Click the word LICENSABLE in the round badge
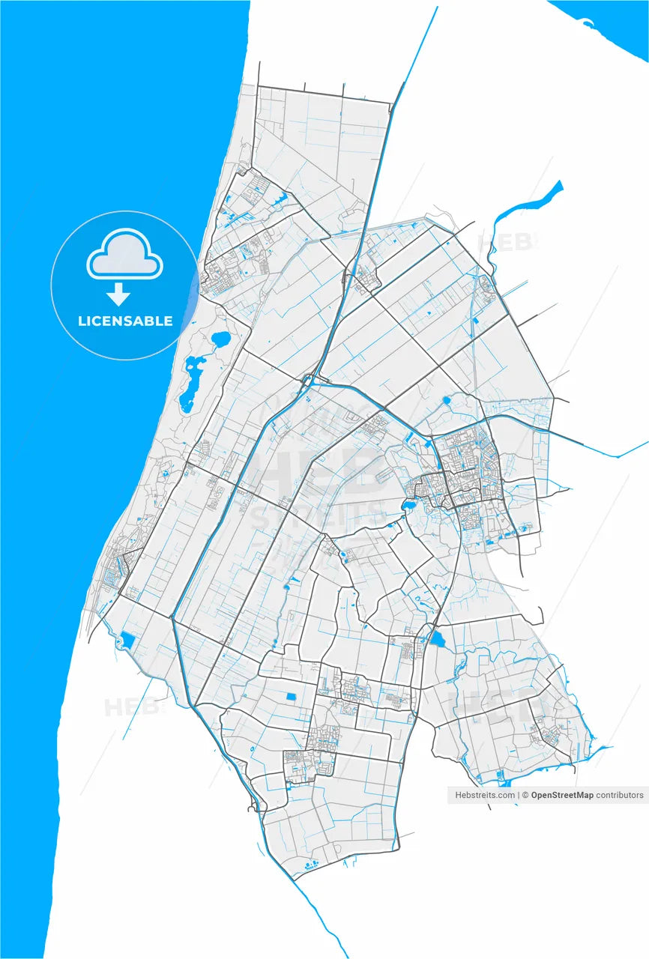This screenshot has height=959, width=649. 125,321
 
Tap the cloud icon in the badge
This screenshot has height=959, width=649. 125,256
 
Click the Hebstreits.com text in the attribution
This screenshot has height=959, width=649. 484,795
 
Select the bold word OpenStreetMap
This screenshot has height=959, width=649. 562,795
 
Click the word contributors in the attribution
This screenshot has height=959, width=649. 620,795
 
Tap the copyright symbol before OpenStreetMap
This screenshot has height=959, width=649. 526,795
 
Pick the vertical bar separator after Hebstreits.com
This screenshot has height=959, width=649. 519,795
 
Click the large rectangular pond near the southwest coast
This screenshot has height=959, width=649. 127,641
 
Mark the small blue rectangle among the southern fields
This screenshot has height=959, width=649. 291,698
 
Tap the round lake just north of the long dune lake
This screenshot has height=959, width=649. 220,339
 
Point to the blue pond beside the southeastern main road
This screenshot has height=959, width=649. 437,639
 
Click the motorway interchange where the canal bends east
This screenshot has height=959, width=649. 308,381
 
